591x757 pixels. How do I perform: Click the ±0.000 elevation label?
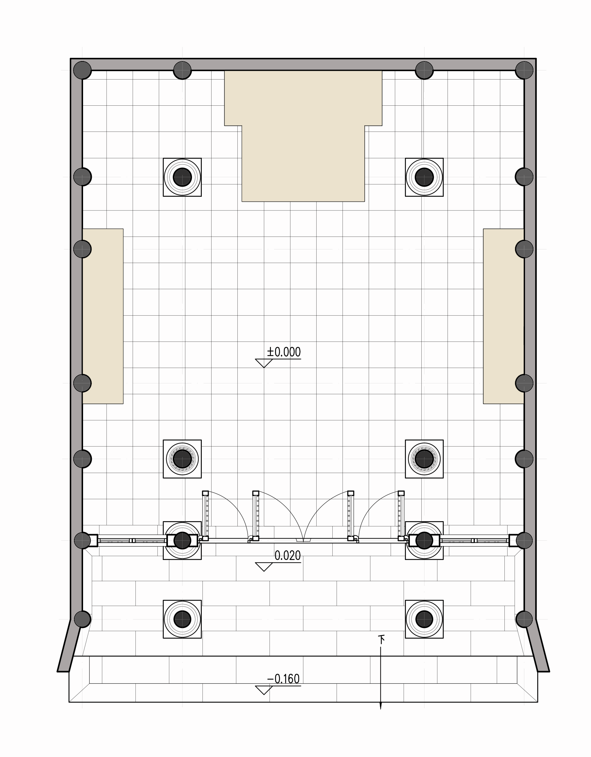point(284,352)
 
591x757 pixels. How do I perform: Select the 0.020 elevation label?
point(287,555)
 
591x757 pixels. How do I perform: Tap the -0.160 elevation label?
point(283,679)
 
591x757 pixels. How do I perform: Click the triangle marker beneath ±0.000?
point(264,363)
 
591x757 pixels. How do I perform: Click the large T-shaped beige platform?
point(303,136)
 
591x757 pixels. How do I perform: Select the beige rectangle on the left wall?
point(103,316)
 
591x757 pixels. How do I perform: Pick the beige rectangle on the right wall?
point(503,316)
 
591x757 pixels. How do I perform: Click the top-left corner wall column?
point(82,70)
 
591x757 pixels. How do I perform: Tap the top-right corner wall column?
point(524,70)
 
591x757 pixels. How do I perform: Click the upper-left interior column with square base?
point(182,177)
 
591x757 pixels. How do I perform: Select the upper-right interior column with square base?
point(424,177)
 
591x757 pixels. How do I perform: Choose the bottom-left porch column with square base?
point(182,619)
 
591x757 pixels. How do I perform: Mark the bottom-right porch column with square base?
point(424,619)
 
